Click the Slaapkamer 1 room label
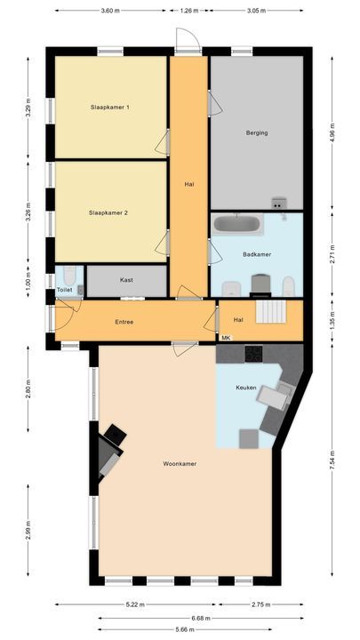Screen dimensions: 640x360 [x=110, y=108]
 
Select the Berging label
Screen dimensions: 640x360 [x=257, y=133]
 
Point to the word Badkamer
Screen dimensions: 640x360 [x=257, y=254]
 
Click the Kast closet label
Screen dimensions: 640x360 [x=126, y=279]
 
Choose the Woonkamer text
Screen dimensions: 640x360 [x=180, y=464]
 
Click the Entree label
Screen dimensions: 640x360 [x=124, y=322]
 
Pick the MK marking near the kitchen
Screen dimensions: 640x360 [x=226, y=338]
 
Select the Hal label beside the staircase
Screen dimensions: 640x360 [x=238, y=320]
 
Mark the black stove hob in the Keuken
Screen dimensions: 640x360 [x=254, y=353]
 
